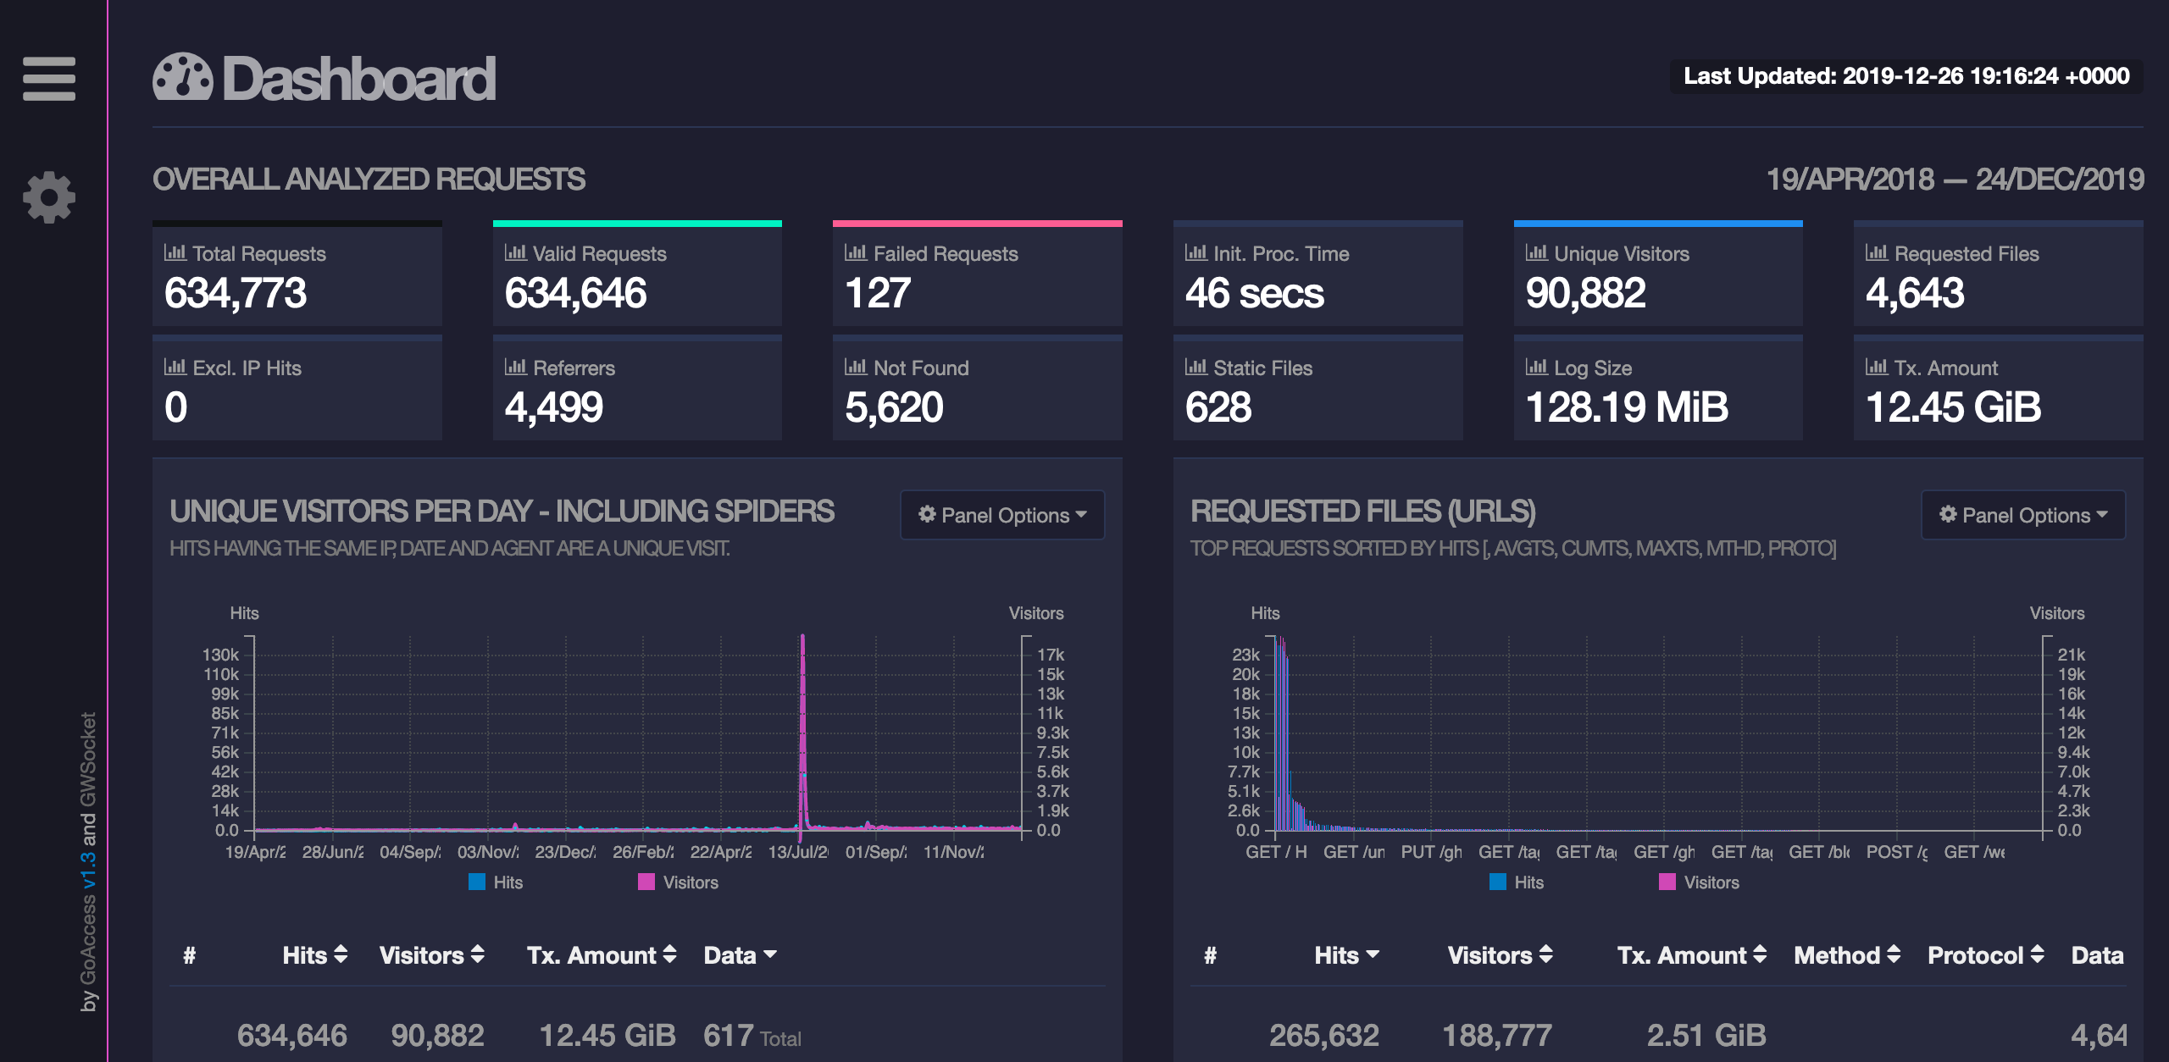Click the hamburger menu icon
(x=49, y=79)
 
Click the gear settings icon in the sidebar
(x=49, y=197)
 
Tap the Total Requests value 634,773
(x=236, y=293)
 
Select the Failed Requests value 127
(x=878, y=293)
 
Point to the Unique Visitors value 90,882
(x=1585, y=293)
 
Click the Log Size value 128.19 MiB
(x=1627, y=407)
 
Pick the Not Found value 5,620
(x=894, y=407)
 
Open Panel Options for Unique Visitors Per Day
(x=1002, y=515)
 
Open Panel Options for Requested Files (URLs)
(x=2022, y=515)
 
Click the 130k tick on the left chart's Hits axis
(x=221, y=655)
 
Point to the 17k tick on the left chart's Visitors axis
(x=1051, y=655)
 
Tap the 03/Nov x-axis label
(x=488, y=852)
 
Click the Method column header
(x=1846, y=955)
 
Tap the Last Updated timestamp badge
(x=1906, y=76)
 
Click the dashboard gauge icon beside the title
(x=182, y=78)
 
